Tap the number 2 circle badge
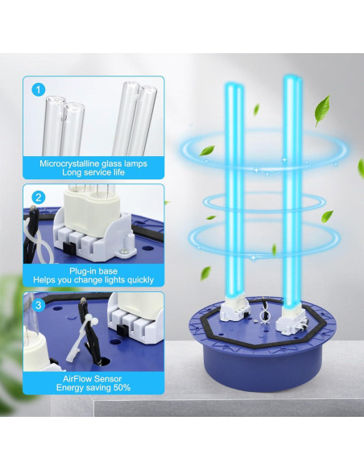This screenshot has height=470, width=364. pyautogui.click(x=39, y=196)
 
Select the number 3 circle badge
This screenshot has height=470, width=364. pyautogui.click(x=39, y=304)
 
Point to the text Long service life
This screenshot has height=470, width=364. pyautogui.click(x=93, y=173)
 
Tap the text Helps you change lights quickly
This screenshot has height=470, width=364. pyautogui.click(x=93, y=281)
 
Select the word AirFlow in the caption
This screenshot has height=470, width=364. pyautogui.click(x=80, y=377)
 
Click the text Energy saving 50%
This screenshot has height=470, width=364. pyautogui.click(x=93, y=388)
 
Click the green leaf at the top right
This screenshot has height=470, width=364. pyautogui.click(x=322, y=105)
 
